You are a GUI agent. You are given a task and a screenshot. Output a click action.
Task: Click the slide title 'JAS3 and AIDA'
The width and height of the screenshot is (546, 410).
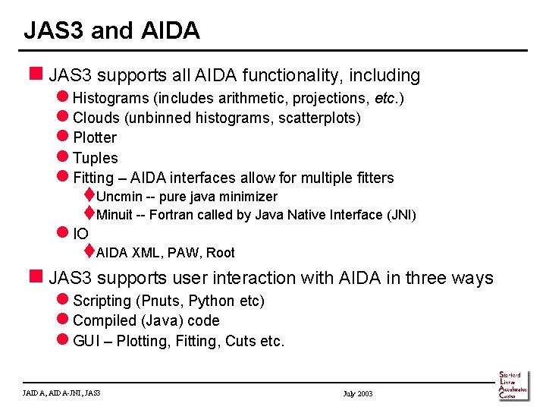(x=111, y=30)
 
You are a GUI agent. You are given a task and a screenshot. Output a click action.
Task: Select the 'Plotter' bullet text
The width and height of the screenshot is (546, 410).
(x=95, y=137)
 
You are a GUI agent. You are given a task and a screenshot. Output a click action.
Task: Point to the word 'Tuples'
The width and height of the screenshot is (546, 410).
(x=96, y=158)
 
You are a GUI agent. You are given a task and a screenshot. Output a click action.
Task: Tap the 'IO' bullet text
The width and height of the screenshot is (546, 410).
(x=80, y=234)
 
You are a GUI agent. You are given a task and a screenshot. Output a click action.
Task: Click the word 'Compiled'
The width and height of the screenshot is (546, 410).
(x=104, y=321)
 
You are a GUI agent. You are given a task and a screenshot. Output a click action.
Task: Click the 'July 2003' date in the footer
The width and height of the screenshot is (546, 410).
(x=358, y=393)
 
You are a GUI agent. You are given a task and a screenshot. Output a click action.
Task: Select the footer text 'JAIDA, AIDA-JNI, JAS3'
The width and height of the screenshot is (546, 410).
(x=62, y=393)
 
